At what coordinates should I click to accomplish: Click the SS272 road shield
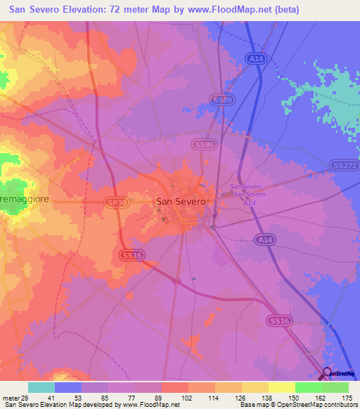(x=344, y=165)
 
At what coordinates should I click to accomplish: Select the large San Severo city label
(x=181, y=201)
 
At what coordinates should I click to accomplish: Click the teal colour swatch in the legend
(x=41, y=387)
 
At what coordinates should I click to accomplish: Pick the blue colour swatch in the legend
(x=68, y=387)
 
